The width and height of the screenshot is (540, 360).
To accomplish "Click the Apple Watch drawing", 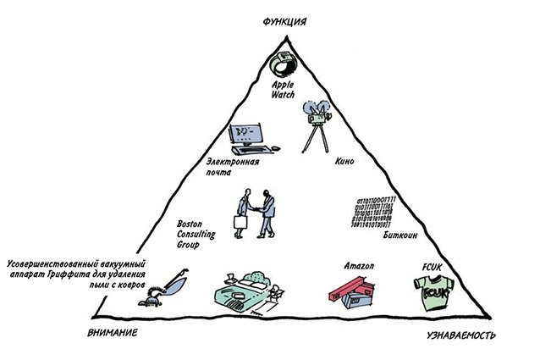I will (279, 64).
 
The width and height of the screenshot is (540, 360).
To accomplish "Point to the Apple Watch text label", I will (282, 90).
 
